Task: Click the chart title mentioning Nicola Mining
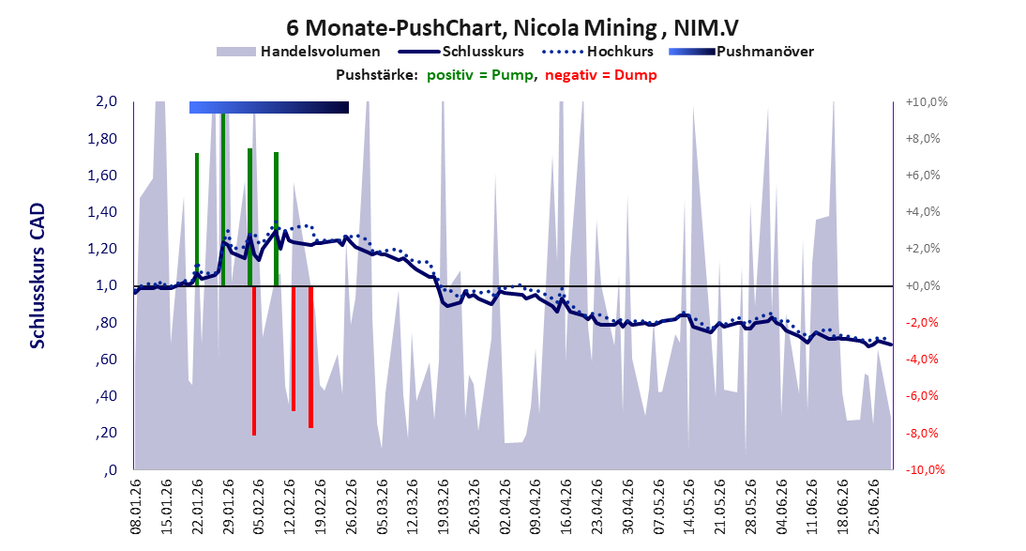coord(512,28)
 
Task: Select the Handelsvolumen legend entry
coord(298,51)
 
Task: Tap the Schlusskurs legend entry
coord(460,51)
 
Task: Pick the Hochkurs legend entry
coord(597,51)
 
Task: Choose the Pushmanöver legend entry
coord(741,51)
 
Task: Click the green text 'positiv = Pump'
coord(480,75)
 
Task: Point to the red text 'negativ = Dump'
coord(600,75)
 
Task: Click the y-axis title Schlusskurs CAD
coord(38,275)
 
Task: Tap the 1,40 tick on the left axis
coord(103,211)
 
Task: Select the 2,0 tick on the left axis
coord(106,100)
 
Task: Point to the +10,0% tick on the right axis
coord(927,101)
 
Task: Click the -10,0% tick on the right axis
coord(926,469)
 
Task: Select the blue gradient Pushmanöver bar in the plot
coord(269,107)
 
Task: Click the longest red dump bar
coord(254,361)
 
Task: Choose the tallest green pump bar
coord(223,200)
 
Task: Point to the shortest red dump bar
coord(294,348)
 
